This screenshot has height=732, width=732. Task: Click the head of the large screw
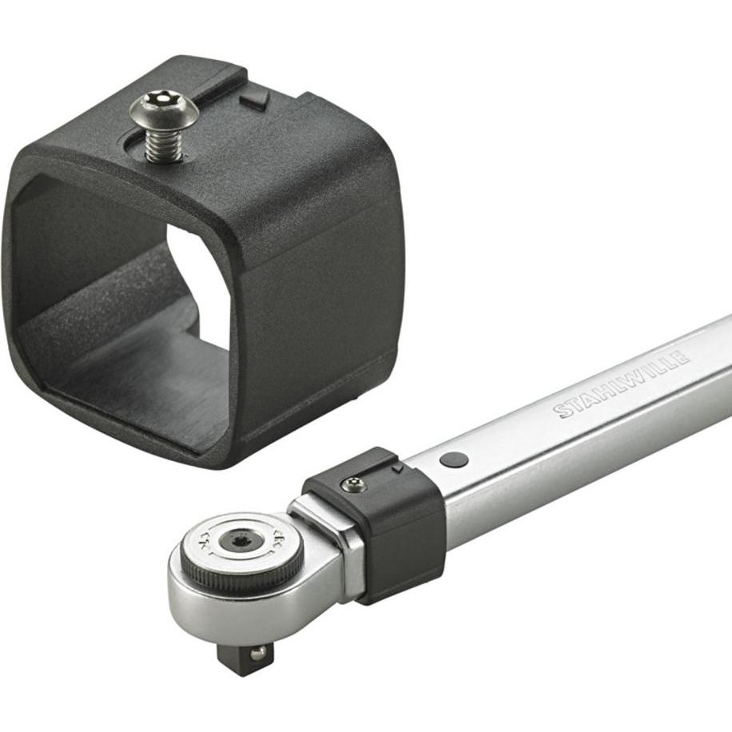(164, 110)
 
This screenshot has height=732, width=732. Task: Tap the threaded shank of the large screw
(162, 144)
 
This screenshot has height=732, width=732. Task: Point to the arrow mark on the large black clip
(255, 99)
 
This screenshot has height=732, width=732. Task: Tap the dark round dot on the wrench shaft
(454, 459)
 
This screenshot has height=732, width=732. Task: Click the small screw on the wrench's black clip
(353, 484)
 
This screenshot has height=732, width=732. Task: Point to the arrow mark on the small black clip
(397, 467)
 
